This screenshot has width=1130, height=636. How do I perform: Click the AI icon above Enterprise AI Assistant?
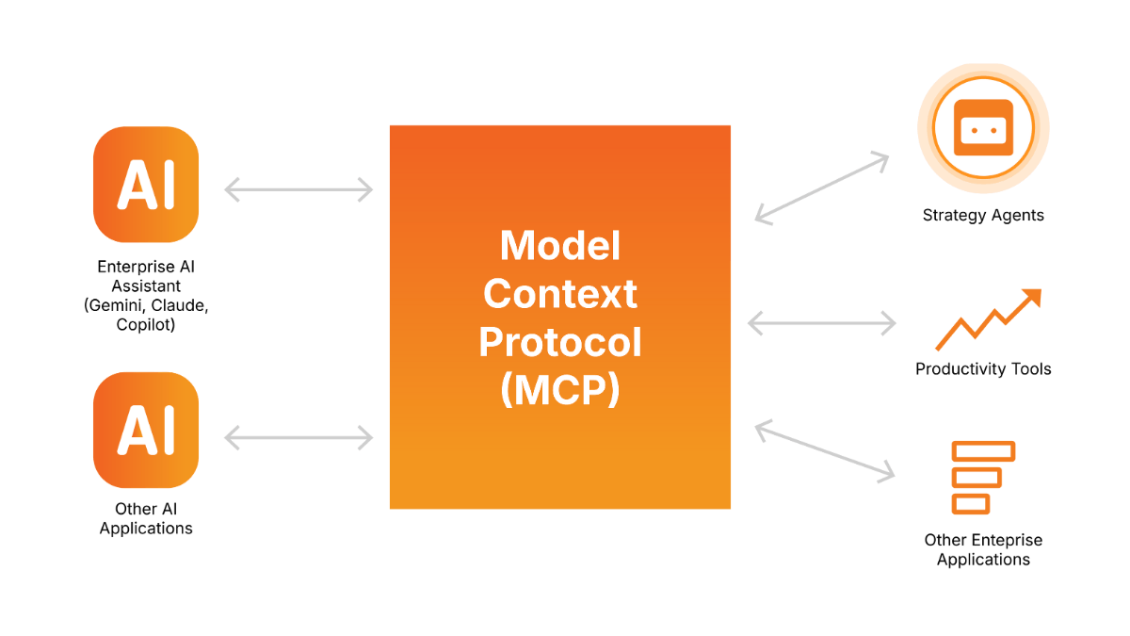[146, 185]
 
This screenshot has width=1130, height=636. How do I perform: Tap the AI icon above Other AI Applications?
[146, 430]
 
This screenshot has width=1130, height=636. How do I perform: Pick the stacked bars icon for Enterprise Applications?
[982, 477]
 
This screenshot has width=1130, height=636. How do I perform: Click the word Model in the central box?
[560, 246]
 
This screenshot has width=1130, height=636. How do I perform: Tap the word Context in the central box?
[560, 294]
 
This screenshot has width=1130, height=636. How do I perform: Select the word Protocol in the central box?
[560, 342]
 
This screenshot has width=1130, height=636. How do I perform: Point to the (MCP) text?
[560, 391]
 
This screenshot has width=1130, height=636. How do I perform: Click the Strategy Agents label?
[983, 216]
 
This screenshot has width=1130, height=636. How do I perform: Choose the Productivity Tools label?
[983, 368]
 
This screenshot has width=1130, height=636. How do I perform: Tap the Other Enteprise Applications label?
[983, 549]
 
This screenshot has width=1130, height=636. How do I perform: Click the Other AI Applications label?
[146, 518]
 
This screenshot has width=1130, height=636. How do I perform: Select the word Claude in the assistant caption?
[179, 305]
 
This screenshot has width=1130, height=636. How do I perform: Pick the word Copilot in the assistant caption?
[146, 325]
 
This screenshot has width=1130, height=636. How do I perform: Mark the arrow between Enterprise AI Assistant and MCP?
[299, 190]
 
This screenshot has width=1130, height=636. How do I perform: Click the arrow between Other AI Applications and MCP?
[299, 437]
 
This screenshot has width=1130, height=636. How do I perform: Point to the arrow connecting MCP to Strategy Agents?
[822, 188]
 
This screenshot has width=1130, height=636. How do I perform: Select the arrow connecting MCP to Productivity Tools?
[822, 323]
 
